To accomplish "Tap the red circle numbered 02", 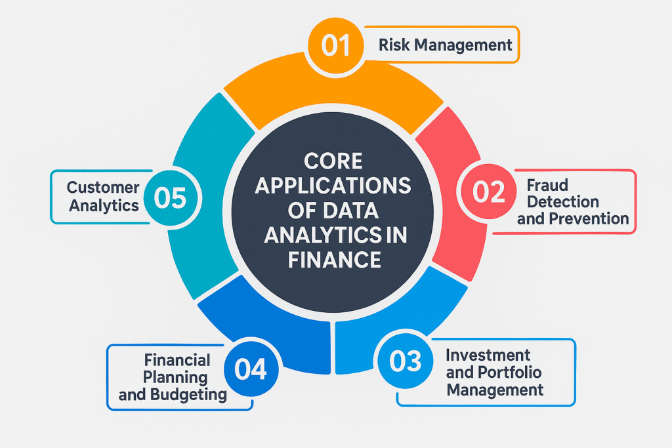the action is point(488,191).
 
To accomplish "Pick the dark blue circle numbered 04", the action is point(251,369).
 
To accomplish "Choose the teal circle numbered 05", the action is point(171,198).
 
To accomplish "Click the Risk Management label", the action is point(446,45).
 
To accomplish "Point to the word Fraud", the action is point(547,185).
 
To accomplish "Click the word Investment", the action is point(488,355).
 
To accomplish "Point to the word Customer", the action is point(103,187).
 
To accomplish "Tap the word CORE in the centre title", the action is point(333,161).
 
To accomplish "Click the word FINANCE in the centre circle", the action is point(334,260).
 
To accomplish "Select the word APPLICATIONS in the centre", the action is point(333,186).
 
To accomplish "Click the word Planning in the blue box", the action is point(175,378).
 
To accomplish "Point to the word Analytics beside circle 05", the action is point(104,205).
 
